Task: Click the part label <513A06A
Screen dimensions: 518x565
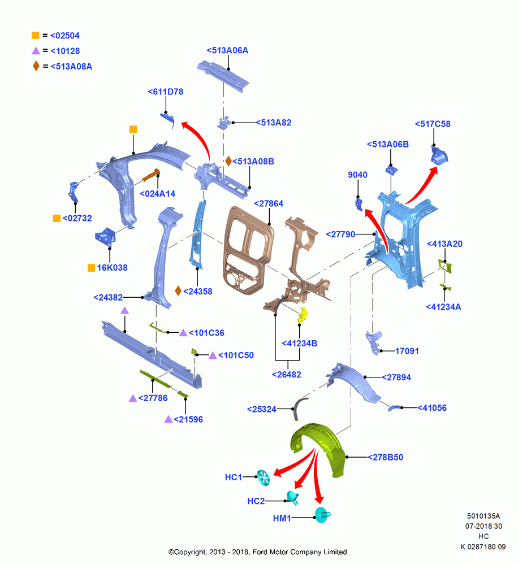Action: (227, 50)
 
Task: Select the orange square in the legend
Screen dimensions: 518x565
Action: (36, 35)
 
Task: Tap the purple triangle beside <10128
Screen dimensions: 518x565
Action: (36, 51)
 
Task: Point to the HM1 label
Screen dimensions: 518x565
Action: (282, 518)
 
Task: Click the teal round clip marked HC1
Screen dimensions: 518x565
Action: (263, 478)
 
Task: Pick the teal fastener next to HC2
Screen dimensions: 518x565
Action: (292, 498)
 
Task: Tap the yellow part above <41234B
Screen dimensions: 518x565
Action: (303, 315)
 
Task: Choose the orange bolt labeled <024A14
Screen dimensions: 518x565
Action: (151, 175)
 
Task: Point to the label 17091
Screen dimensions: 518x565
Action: (407, 351)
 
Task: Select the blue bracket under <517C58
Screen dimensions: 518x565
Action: (439, 155)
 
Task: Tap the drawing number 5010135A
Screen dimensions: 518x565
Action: (484, 516)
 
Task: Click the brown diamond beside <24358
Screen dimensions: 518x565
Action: (178, 291)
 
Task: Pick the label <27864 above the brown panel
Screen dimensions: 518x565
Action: (269, 203)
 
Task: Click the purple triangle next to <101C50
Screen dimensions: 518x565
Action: (213, 355)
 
